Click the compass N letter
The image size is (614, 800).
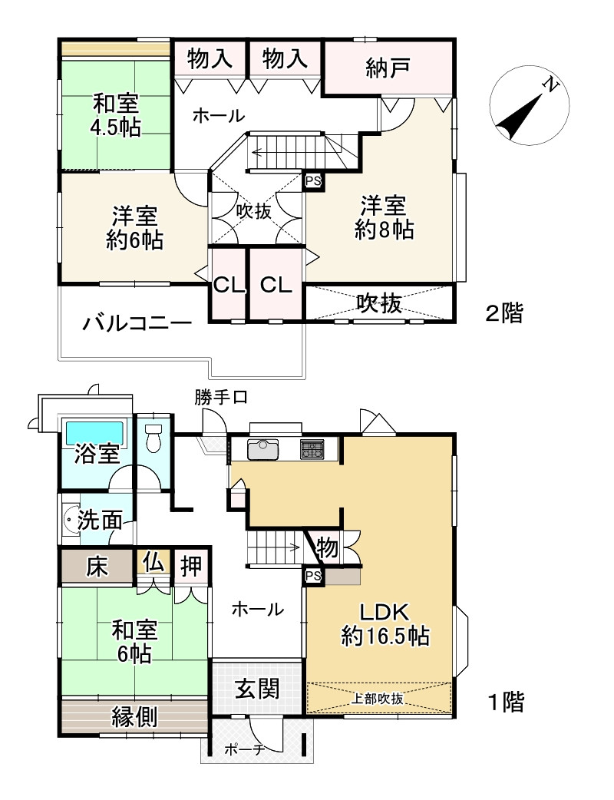[x=549, y=85]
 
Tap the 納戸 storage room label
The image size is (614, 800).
[x=388, y=68]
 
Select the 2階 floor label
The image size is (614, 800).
[x=503, y=312]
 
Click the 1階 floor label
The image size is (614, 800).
[x=507, y=702]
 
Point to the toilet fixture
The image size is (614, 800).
[x=153, y=438]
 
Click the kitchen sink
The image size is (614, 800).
[x=263, y=449]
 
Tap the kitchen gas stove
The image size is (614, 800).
[x=312, y=449]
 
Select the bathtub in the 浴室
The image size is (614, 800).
[x=95, y=432]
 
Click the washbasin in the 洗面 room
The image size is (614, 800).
[x=70, y=520]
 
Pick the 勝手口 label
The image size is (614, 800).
[x=221, y=397]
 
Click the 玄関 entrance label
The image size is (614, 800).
[x=258, y=689]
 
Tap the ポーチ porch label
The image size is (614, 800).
[x=245, y=749]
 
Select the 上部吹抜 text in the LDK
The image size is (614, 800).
[x=378, y=699]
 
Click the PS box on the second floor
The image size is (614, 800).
[x=314, y=181]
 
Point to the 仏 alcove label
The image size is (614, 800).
[x=153, y=562]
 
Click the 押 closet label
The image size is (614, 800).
[x=191, y=566]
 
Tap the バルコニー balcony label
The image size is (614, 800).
[x=137, y=323]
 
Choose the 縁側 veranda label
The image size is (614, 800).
[x=134, y=718]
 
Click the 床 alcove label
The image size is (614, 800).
[x=97, y=567]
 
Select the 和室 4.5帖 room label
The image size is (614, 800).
[x=117, y=115]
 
